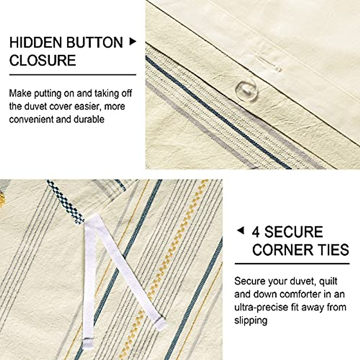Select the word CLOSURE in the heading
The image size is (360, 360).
(x=43, y=60)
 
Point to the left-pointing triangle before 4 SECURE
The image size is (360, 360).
(x=240, y=231)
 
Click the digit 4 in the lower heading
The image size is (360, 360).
(x=256, y=232)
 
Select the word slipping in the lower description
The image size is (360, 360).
(x=251, y=320)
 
